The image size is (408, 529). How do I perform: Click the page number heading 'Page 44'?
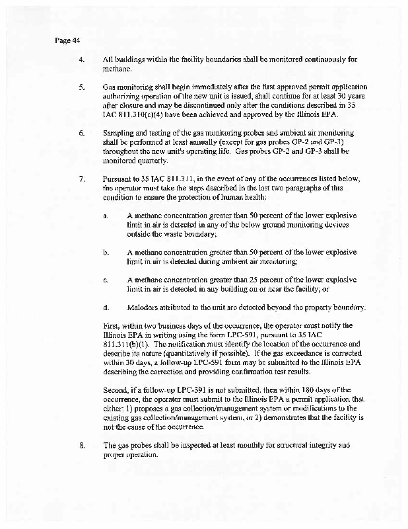[x=67, y=40]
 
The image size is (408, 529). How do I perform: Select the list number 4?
[x=81, y=60]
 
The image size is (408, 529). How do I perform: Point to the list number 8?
[x=81, y=445]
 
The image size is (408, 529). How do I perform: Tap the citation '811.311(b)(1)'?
[x=127, y=344]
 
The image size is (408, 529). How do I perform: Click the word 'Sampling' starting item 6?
[x=119, y=133]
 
